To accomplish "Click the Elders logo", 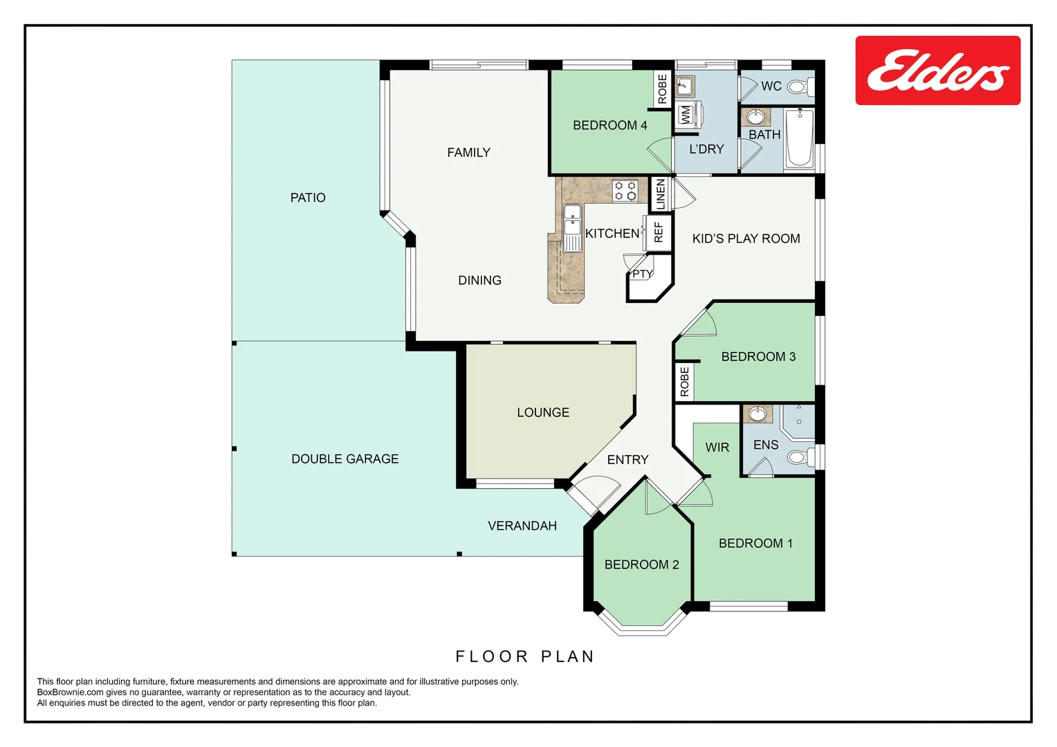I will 937,71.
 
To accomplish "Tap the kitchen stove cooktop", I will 625,191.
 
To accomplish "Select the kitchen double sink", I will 572,228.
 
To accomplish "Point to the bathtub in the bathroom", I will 799,138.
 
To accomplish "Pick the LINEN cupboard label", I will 660,194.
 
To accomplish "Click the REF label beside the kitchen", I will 659,233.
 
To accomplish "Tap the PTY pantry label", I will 642,274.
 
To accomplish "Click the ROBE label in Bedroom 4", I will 663,89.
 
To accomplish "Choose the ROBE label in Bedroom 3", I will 684,382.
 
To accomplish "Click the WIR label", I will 717,448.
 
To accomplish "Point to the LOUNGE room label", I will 543,412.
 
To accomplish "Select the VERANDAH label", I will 522,526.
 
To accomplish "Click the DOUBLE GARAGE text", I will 344,459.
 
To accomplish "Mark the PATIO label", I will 307,198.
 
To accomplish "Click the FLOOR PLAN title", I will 524,656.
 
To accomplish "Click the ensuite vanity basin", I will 757,414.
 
